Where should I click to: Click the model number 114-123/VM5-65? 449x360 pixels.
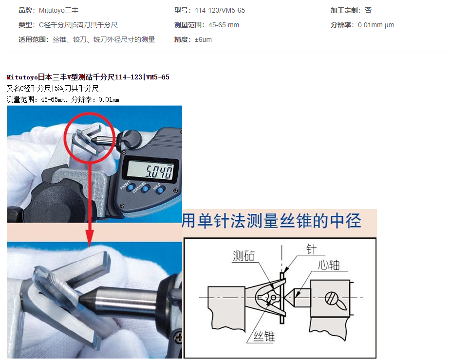point(220,11)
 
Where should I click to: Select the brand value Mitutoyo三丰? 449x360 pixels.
point(59,11)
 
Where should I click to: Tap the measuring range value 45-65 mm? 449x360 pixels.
point(224,25)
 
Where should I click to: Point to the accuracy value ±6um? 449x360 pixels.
point(203,40)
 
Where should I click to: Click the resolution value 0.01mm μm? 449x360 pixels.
point(376,25)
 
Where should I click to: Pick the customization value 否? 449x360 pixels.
point(368,11)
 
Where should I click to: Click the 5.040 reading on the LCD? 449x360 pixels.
point(159,171)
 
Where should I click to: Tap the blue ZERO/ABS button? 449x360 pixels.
point(146,189)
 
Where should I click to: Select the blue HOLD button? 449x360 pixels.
point(161,190)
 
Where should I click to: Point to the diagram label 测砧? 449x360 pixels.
point(243,256)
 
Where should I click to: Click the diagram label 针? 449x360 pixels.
point(311,249)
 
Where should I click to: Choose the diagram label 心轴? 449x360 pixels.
point(329,265)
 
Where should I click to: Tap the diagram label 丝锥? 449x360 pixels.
point(264,336)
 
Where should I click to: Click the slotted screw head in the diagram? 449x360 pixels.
point(332,299)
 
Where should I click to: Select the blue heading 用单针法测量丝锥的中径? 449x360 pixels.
point(271,221)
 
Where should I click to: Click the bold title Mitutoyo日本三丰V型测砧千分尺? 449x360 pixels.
point(61,77)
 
